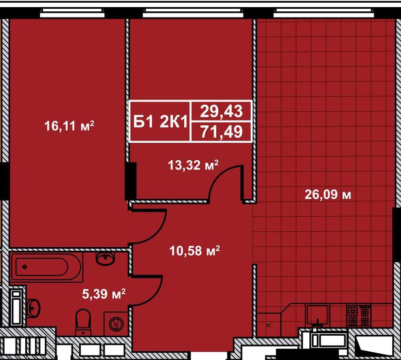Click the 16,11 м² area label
click(69, 126)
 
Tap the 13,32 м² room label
click(193, 165)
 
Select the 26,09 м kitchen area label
click(328, 195)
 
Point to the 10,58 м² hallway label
click(195, 250)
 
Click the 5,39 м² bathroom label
click(104, 294)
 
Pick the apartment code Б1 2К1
click(161, 121)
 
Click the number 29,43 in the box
click(221, 111)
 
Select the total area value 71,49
click(221, 132)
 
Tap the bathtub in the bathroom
click(46, 267)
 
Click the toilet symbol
click(83, 322)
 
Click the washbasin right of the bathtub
click(105, 258)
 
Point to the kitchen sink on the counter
click(318, 316)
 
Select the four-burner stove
click(359, 315)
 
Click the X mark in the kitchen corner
click(268, 325)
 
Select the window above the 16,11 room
click(73, 13)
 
